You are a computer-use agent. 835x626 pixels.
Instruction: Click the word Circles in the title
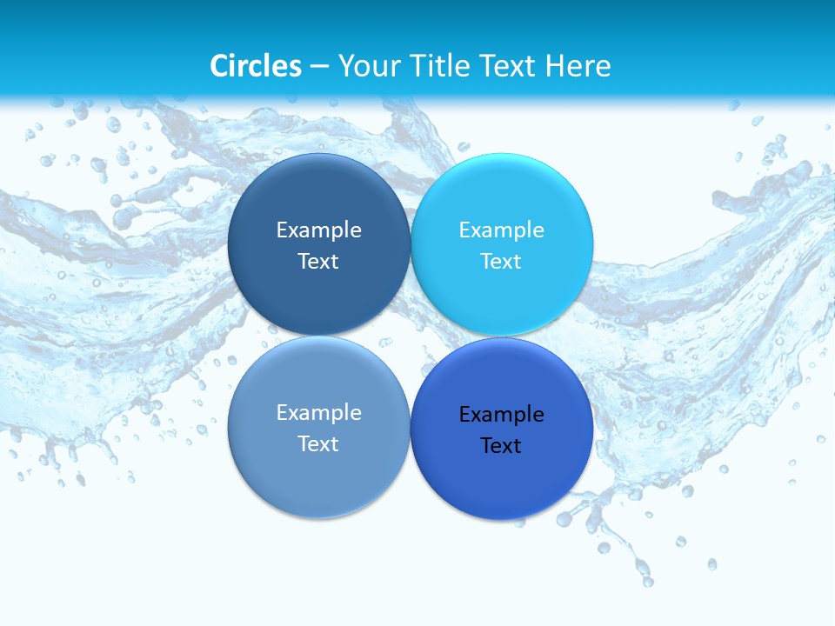pos(256,66)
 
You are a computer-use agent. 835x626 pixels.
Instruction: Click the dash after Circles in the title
pos(319,67)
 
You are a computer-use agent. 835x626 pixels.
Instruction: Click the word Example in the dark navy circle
pos(318,230)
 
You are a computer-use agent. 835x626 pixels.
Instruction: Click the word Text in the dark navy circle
pos(318,262)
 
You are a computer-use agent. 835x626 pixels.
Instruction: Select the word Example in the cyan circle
pos(501,230)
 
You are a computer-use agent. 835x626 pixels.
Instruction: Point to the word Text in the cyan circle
pos(501,262)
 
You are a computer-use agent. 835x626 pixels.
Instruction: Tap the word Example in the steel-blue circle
pos(318,413)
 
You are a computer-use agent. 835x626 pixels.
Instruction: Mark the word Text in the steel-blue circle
pos(318,444)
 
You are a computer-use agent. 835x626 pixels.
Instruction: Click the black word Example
pos(501,415)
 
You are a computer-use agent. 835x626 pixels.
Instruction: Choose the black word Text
pos(501,446)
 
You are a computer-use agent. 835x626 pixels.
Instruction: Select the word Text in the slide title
pos(509,66)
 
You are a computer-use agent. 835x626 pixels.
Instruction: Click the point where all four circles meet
pos(411,336)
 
